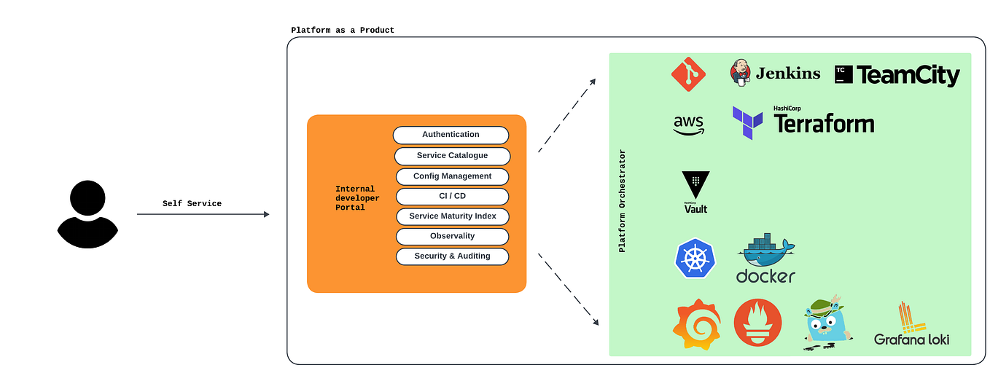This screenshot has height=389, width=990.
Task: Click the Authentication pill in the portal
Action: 451,135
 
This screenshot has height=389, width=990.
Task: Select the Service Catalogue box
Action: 452,156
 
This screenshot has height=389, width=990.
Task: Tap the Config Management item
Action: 452,176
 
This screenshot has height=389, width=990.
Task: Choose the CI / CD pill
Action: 452,196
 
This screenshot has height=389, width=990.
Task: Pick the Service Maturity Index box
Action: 452,216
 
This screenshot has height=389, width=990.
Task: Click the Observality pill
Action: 452,236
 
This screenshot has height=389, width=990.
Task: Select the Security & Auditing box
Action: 452,256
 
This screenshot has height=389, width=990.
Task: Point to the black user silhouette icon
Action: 87,214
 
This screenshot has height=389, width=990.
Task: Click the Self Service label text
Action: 192,204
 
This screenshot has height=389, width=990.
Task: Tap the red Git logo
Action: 689,74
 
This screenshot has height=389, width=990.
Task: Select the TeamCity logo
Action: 897,74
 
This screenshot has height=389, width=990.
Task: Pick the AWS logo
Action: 689,125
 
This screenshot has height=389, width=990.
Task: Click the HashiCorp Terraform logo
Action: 803,122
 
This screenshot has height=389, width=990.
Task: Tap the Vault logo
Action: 695,192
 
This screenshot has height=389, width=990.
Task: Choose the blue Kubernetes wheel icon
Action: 695,259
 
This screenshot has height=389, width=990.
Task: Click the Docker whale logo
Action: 765,259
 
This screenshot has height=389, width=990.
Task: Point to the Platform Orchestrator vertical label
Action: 622,201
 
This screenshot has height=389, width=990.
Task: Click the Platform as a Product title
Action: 343,30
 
